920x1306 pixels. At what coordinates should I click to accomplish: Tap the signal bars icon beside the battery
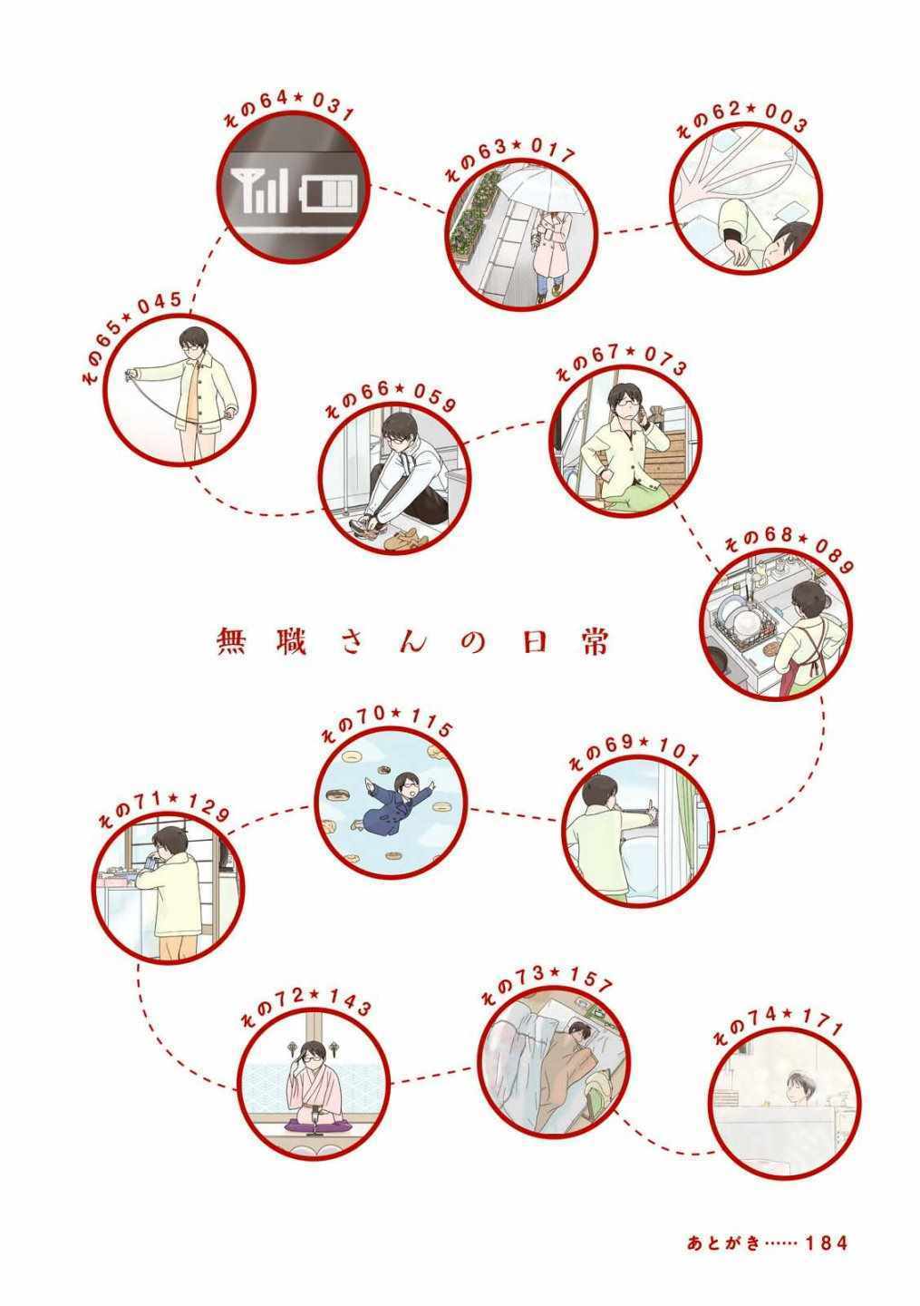click(x=259, y=190)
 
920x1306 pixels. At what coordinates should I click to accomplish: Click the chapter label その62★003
click(x=742, y=120)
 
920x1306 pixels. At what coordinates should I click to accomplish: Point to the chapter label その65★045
click(x=132, y=336)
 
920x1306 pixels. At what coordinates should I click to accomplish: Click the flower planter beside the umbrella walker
click(x=474, y=221)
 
